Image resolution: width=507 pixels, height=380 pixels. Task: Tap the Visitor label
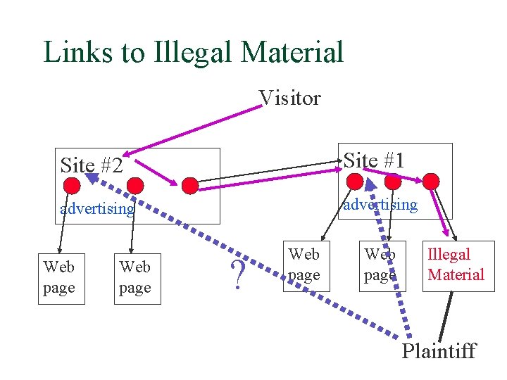[289, 98]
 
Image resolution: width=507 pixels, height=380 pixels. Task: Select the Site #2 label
[92, 165]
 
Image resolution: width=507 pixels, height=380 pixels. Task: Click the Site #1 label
[374, 160]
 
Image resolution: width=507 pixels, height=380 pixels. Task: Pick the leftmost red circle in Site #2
[72, 185]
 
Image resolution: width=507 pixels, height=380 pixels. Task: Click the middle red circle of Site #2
[135, 185]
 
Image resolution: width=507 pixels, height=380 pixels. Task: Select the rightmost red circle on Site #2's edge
[190, 185]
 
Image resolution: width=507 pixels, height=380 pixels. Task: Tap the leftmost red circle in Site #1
[356, 182]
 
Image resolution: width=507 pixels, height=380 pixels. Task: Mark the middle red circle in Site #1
[393, 182]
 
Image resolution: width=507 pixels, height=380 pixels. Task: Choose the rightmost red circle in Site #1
[431, 182]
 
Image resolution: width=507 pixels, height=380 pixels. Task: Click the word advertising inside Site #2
[97, 209]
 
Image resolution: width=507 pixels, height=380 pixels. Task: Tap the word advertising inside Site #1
[380, 204]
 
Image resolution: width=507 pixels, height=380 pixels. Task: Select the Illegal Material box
[456, 265]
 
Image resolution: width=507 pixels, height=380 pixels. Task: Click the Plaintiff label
[439, 350]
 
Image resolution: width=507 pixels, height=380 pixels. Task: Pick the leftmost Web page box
[59, 278]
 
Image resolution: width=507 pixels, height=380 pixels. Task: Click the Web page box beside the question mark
[304, 264]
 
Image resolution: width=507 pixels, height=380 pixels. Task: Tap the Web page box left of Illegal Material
[380, 265]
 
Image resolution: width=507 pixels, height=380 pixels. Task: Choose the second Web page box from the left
[136, 278]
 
